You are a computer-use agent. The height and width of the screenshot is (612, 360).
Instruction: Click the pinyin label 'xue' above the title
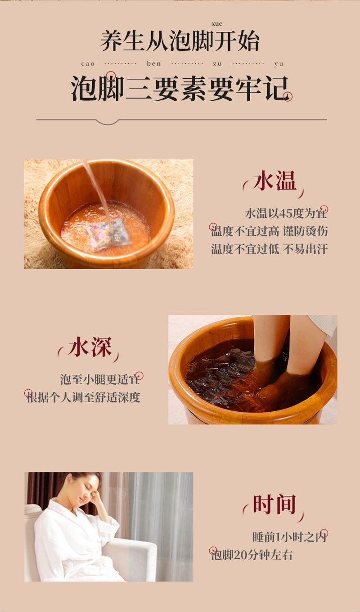click(217, 24)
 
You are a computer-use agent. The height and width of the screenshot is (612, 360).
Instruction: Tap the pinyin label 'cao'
click(88, 64)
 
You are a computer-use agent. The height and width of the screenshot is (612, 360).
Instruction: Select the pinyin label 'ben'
click(154, 63)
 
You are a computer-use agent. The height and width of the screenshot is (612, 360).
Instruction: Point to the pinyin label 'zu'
click(217, 64)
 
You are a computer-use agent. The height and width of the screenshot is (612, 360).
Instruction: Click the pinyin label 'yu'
click(279, 64)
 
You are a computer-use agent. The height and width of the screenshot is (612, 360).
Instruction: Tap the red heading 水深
click(90, 347)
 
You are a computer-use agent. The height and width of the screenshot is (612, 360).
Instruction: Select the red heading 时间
click(274, 504)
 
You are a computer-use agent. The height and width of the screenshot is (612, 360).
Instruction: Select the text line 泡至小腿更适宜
click(100, 379)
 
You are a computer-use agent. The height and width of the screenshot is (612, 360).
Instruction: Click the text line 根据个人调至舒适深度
click(83, 397)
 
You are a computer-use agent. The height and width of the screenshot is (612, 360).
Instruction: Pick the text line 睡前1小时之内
click(289, 537)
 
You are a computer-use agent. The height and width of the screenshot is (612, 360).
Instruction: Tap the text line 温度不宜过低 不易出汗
click(269, 249)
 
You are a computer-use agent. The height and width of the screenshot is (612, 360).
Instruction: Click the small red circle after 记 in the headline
click(288, 97)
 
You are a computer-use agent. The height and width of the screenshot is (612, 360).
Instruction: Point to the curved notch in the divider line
click(108, 122)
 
